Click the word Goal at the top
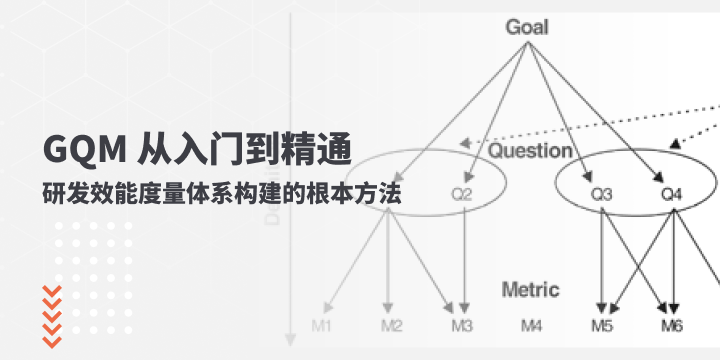point(527,27)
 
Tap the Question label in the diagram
point(530,151)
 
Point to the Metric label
point(530,290)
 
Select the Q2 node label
point(462,193)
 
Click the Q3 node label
point(602,193)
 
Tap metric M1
point(322,326)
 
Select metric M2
point(392,326)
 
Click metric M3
point(462,326)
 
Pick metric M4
point(532,326)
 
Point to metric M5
point(602,326)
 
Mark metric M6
point(672,326)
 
